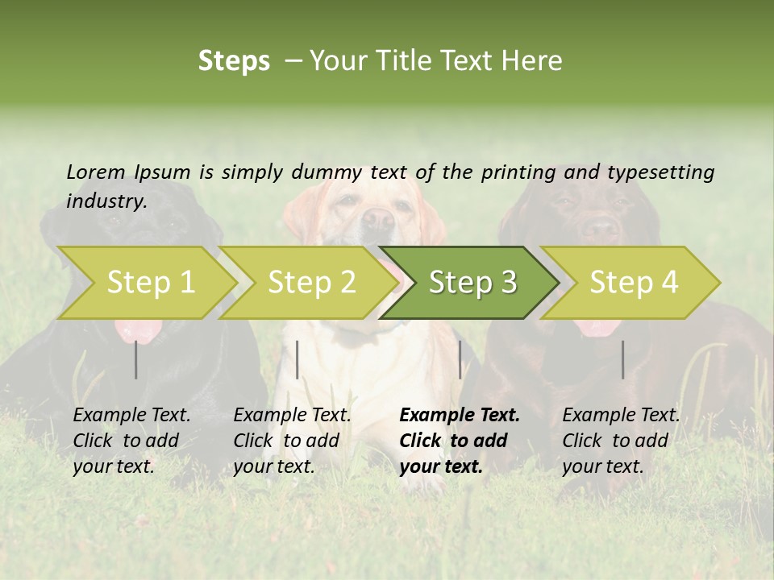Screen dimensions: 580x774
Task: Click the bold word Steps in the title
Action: tap(234, 61)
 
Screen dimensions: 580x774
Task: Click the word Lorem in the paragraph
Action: tap(95, 172)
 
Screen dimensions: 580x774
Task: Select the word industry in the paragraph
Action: tap(106, 201)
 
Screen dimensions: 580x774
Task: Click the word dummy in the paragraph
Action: tap(326, 172)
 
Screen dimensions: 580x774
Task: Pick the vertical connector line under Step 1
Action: tap(136, 359)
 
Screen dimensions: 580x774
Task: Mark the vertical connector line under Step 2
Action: tap(298, 359)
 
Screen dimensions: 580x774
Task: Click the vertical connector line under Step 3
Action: tap(460, 359)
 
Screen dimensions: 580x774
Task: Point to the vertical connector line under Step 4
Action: tap(623, 359)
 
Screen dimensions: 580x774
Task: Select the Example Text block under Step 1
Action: tap(131, 441)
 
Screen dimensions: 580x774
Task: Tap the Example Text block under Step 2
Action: tap(292, 441)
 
